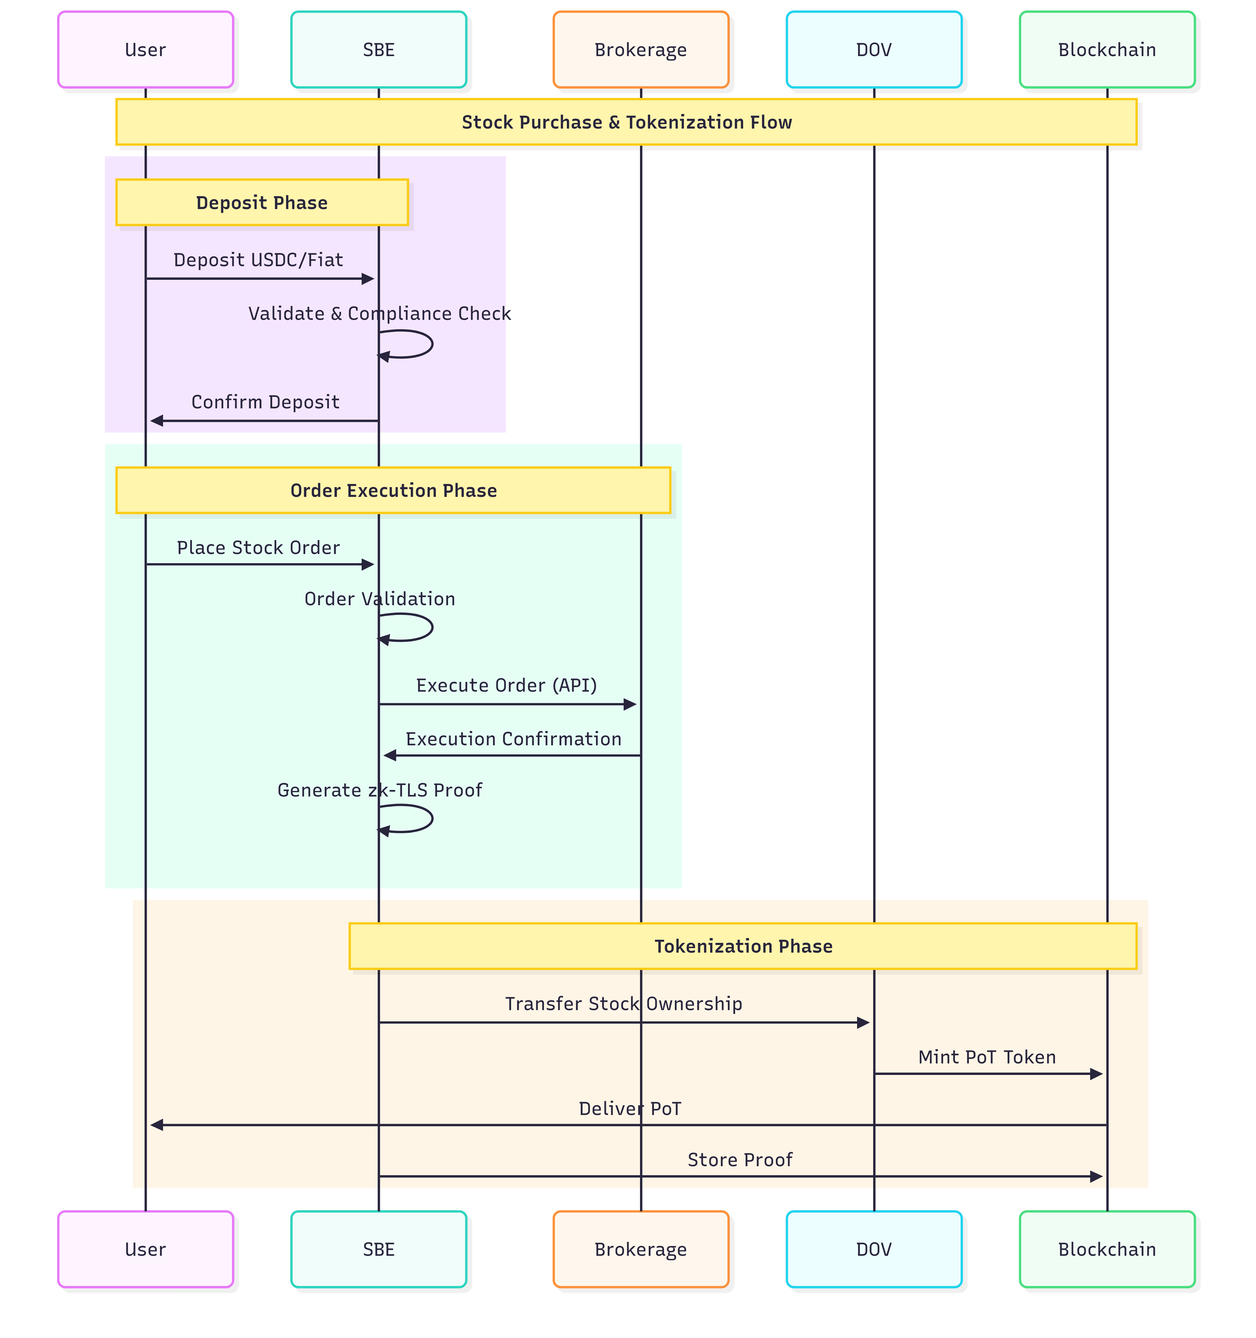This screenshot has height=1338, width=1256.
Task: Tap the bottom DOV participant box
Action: (x=874, y=1249)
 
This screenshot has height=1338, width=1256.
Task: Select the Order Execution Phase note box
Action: (x=393, y=490)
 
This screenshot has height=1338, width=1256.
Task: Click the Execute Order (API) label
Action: (x=506, y=685)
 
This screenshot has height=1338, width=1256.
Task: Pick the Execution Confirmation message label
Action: (x=513, y=739)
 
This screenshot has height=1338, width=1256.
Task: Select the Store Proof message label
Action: (x=740, y=1160)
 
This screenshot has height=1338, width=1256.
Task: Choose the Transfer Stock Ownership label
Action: (x=623, y=1003)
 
